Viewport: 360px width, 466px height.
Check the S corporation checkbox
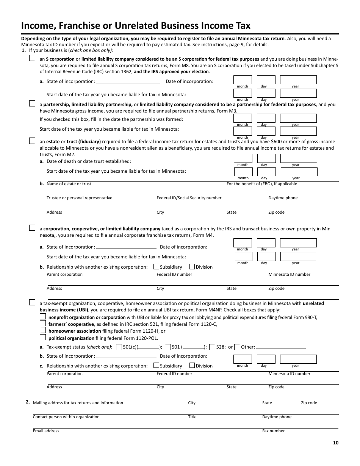coord(32,59)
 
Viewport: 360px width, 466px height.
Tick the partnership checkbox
coord(32,103)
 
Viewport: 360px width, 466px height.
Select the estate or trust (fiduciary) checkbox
coord(32,141)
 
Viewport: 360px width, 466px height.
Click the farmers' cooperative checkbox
coord(43,324)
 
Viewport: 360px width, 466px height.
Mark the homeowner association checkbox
coord(43,330)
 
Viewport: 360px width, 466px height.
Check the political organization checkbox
coord(43,338)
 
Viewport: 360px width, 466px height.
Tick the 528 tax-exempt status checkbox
coord(212,347)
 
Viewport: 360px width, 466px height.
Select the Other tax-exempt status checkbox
coord(237,347)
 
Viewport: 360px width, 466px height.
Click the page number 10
coord(335,443)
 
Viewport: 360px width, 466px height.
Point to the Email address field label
coord(46,431)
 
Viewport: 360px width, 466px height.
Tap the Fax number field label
coord(273,431)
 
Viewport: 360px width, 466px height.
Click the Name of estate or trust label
coord(69,184)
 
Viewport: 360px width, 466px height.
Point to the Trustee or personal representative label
coord(79,198)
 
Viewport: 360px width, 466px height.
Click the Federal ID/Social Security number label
coord(189,198)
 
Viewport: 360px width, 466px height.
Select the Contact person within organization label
coord(66,417)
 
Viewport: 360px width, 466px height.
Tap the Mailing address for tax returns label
coord(78,403)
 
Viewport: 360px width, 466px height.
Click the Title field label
coord(192,417)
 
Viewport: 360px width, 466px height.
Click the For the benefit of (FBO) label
coord(261,184)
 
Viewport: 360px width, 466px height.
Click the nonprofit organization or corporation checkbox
coord(43,316)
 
